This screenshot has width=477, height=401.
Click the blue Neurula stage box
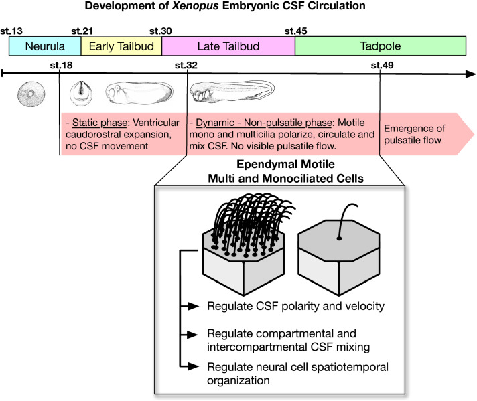[44, 46]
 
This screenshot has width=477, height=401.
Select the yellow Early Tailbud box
[121, 46]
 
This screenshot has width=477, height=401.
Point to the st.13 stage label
[19, 31]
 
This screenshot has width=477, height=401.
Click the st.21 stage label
[82, 31]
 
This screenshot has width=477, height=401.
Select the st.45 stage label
[295, 31]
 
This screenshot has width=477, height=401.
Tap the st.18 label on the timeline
[61, 65]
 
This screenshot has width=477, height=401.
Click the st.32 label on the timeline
[186, 65]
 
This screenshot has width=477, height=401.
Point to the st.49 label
[382, 65]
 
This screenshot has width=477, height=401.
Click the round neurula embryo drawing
[29, 94]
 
